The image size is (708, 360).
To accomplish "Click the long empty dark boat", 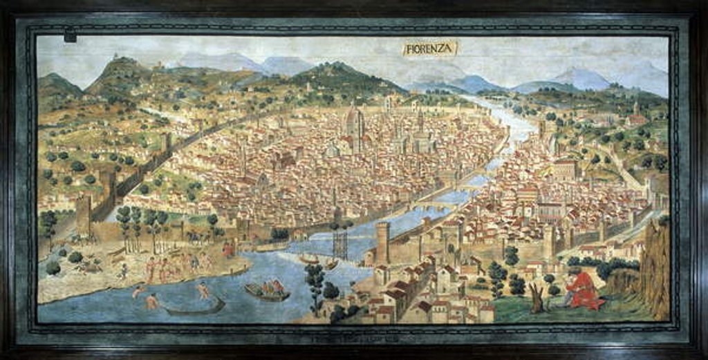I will click(195, 307).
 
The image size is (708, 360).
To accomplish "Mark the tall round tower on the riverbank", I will click(382, 241).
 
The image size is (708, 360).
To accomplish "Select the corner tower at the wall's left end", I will click(84, 214).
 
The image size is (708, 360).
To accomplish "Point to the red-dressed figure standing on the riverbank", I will click(227, 249).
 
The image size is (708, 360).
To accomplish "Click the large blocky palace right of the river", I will click(564, 170).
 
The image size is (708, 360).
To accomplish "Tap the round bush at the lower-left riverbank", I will click(53, 267).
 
